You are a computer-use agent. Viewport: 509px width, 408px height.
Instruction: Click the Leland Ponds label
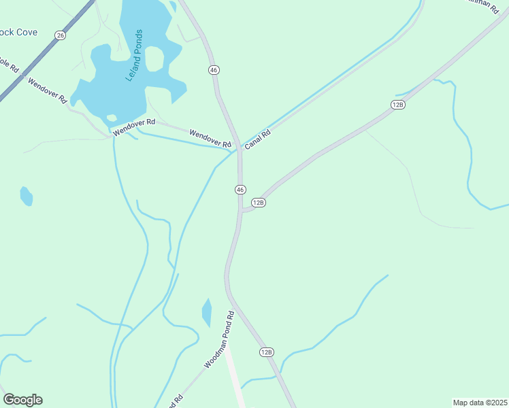[x=134, y=55]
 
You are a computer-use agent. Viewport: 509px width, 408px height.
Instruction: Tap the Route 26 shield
[x=61, y=35]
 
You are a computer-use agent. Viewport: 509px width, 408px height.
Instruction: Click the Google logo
[x=22, y=400]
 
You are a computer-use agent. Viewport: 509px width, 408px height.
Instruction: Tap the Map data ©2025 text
[x=480, y=403]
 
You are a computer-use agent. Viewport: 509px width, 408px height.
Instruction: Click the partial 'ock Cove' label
[x=18, y=33]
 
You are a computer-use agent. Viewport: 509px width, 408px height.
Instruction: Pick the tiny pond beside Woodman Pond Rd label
[x=207, y=313]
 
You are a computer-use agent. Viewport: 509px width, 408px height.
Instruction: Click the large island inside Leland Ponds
[x=155, y=60]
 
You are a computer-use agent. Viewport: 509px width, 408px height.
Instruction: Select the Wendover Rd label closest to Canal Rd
[x=210, y=139]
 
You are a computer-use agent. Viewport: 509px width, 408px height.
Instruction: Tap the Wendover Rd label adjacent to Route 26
[x=47, y=90]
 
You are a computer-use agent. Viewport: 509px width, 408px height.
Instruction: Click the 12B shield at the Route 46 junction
[x=258, y=203]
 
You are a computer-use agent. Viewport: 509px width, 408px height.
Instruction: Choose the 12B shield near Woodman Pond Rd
[x=266, y=352]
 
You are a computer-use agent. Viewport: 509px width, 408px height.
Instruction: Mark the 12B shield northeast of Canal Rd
[x=398, y=104]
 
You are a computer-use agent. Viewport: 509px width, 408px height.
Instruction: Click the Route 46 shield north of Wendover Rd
[x=214, y=70]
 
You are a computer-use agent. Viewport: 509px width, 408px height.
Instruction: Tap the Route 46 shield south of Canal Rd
[x=240, y=190]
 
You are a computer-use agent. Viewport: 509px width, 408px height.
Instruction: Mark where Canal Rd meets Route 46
[x=238, y=148]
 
